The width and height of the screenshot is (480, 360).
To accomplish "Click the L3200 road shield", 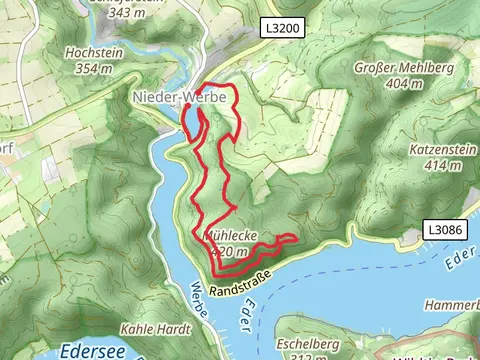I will (284, 30).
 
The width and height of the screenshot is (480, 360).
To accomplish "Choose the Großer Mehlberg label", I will (391, 69).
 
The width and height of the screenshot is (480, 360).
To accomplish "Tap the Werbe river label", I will (198, 299).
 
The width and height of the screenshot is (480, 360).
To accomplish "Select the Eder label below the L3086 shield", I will (458, 262).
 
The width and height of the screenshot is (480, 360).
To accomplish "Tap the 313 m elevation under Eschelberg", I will (300, 356).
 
